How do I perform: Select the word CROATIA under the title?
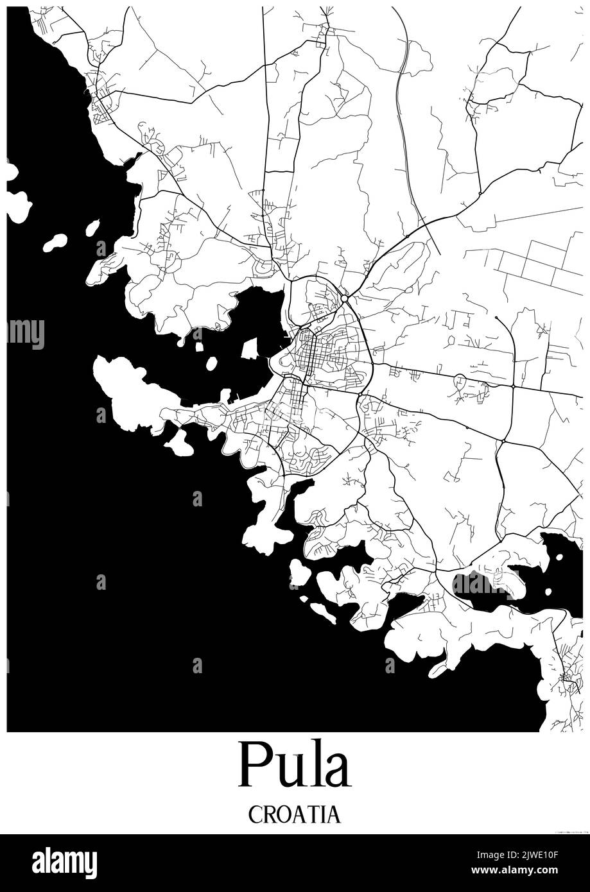click(x=295, y=814)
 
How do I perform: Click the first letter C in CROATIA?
click(x=255, y=814)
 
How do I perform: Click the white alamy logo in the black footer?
click(x=64, y=863)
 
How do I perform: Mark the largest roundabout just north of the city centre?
click(x=345, y=298)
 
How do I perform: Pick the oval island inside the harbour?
click(x=211, y=363)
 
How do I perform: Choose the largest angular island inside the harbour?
click(x=249, y=348)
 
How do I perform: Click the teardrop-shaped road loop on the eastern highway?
click(x=460, y=379)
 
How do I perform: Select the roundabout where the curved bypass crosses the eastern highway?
click(x=514, y=386)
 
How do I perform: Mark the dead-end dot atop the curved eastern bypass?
click(x=496, y=317)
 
